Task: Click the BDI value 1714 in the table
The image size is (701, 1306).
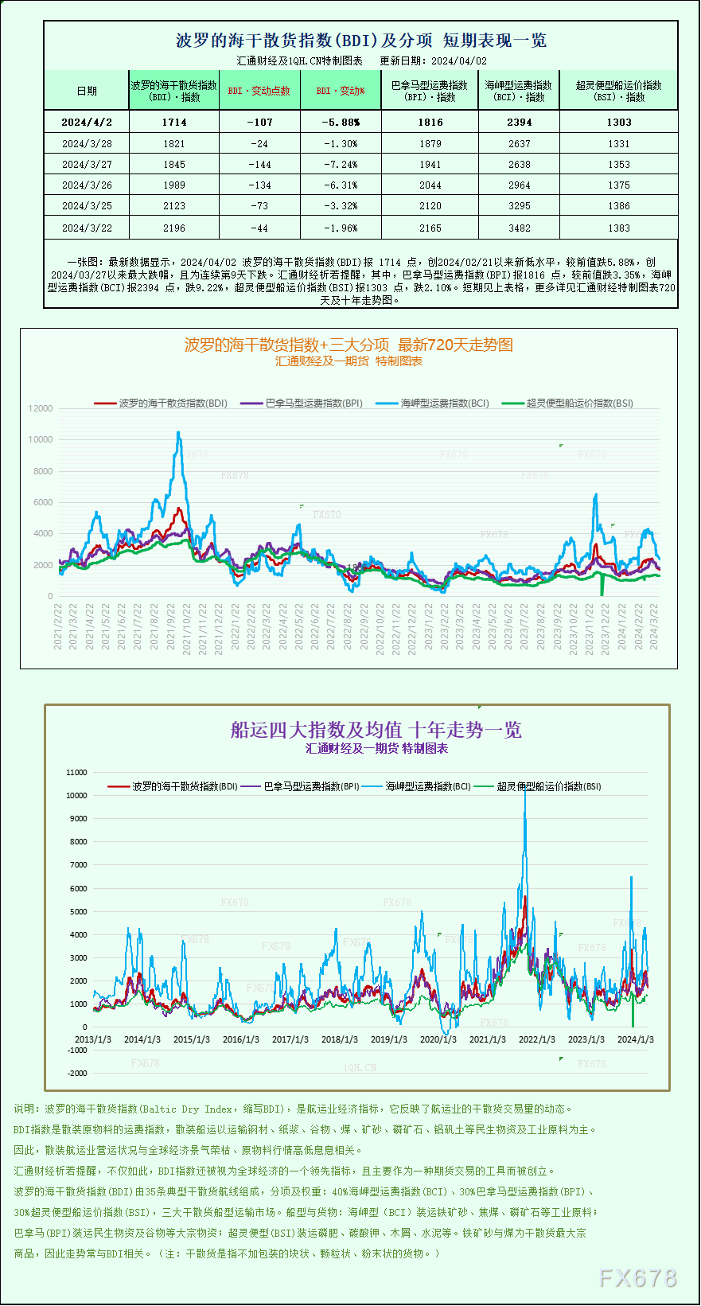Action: (x=174, y=123)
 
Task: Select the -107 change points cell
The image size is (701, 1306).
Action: (x=259, y=123)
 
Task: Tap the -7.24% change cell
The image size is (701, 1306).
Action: (x=341, y=165)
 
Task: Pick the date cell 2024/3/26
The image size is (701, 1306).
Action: (x=87, y=185)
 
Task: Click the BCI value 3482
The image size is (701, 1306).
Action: (x=519, y=228)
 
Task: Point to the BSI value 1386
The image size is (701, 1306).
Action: (x=618, y=206)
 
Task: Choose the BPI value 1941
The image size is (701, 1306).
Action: (x=430, y=165)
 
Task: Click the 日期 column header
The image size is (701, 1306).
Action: (x=87, y=91)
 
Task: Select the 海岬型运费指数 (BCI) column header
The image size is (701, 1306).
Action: (x=519, y=91)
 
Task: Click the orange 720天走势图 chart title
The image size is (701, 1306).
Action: (x=349, y=345)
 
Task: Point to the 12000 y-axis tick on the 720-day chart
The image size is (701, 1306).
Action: (x=41, y=409)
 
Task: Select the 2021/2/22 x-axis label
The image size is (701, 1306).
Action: (x=58, y=626)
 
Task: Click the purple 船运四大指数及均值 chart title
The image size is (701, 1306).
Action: (x=376, y=730)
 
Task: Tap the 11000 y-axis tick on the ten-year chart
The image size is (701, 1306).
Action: (x=77, y=773)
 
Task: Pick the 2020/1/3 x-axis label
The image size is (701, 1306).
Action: (x=438, y=1039)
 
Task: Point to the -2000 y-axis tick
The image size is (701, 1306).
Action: (x=77, y=1074)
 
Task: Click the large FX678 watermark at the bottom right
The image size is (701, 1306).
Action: (x=637, y=1278)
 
